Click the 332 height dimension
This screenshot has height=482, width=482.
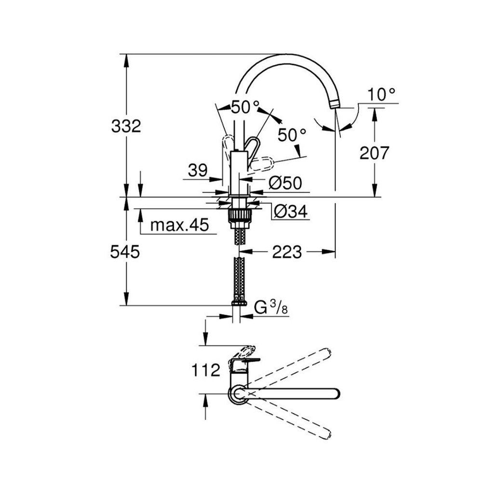click(126, 127)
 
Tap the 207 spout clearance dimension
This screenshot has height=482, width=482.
click(375, 153)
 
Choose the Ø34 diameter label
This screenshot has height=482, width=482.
click(288, 211)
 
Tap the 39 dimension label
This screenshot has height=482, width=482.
click(198, 170)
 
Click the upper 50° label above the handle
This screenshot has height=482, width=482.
click(244, 107)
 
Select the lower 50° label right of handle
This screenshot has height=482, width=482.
click(292, 135)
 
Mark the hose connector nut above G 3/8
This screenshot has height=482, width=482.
click(239, 303)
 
